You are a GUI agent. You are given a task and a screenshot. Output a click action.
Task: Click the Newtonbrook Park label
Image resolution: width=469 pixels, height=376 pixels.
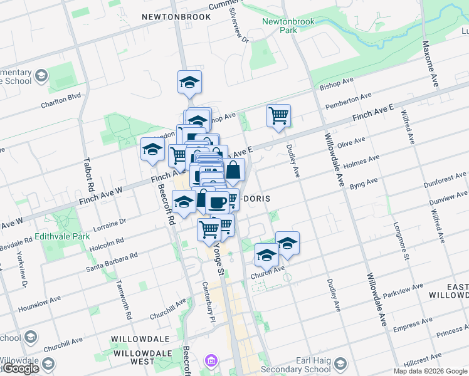pos(279,26)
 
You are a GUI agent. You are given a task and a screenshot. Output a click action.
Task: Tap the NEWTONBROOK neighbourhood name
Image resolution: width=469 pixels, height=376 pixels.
pos(176,17)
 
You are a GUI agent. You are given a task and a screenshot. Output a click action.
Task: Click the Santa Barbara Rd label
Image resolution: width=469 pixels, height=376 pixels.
pos(112,264)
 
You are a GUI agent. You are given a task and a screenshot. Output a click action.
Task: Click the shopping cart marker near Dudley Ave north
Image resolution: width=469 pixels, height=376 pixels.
pos(278,116)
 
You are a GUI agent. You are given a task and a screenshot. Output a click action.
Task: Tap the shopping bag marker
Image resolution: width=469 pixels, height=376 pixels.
pos(233,170)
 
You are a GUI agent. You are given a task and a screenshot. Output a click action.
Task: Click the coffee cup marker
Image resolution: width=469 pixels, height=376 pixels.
pos(218,202)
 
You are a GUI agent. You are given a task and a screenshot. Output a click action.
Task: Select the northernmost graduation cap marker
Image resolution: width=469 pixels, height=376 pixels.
pos(189,83)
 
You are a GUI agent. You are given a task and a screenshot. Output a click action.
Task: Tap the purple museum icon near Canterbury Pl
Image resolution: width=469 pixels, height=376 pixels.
pos(211,362)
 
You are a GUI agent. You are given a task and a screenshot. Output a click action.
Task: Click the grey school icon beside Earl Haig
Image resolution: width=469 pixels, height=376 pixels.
pos(340,365)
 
